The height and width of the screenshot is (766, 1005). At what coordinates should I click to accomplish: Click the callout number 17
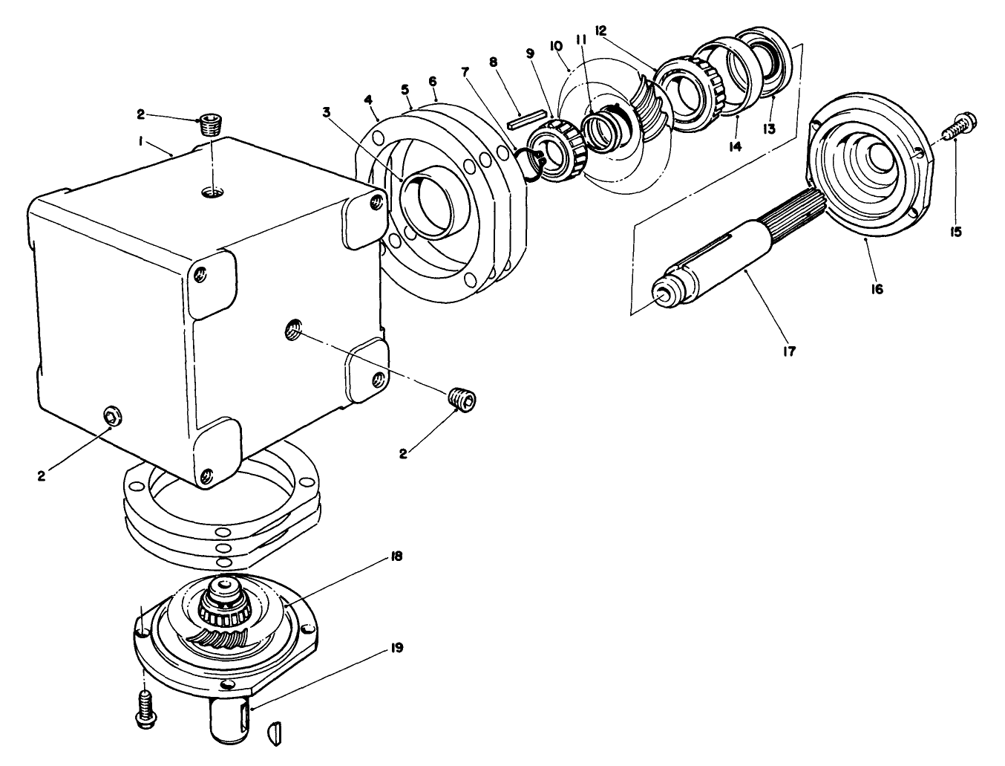[x=788, y=351]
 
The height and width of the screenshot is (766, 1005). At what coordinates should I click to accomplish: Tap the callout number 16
[x=877, y=289]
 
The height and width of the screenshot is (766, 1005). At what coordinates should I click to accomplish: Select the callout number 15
[x=955, y=232]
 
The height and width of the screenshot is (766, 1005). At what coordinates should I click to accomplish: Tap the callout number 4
[x=368, y=100]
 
